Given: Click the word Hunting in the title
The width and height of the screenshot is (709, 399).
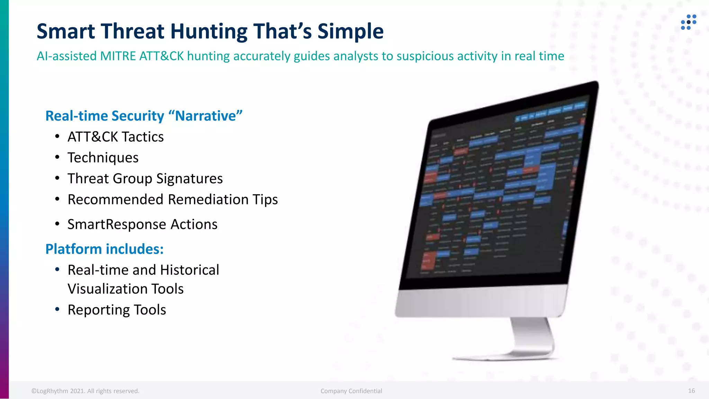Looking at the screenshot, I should [209, 32].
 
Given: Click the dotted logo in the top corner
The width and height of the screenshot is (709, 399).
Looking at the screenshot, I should [688, 22].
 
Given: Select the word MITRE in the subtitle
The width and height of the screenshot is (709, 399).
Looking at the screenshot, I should [118, 56].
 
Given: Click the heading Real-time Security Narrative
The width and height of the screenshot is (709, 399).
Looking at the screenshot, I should [144, 116].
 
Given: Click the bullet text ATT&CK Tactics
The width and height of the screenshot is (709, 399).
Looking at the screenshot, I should [115, 137].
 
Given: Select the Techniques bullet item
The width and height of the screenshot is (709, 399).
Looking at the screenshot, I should [103, 158].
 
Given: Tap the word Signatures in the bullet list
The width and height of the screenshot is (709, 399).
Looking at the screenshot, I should [189, 179].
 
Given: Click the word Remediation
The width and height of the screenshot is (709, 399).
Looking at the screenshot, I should [208, 199].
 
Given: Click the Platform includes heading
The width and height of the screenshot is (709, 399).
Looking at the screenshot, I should [104, 249].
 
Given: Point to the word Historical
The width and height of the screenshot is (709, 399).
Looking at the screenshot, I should [189, 270].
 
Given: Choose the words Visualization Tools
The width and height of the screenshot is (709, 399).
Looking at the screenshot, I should [125, 289].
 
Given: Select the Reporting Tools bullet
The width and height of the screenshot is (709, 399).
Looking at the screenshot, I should [117, 310].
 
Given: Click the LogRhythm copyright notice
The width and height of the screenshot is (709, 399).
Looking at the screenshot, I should [85, 391].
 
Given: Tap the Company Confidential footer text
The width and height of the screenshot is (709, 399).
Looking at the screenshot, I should [351, 391].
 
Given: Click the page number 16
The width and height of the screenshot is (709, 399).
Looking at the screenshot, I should [691, 391].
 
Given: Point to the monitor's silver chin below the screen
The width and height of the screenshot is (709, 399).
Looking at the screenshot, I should [481, 301].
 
